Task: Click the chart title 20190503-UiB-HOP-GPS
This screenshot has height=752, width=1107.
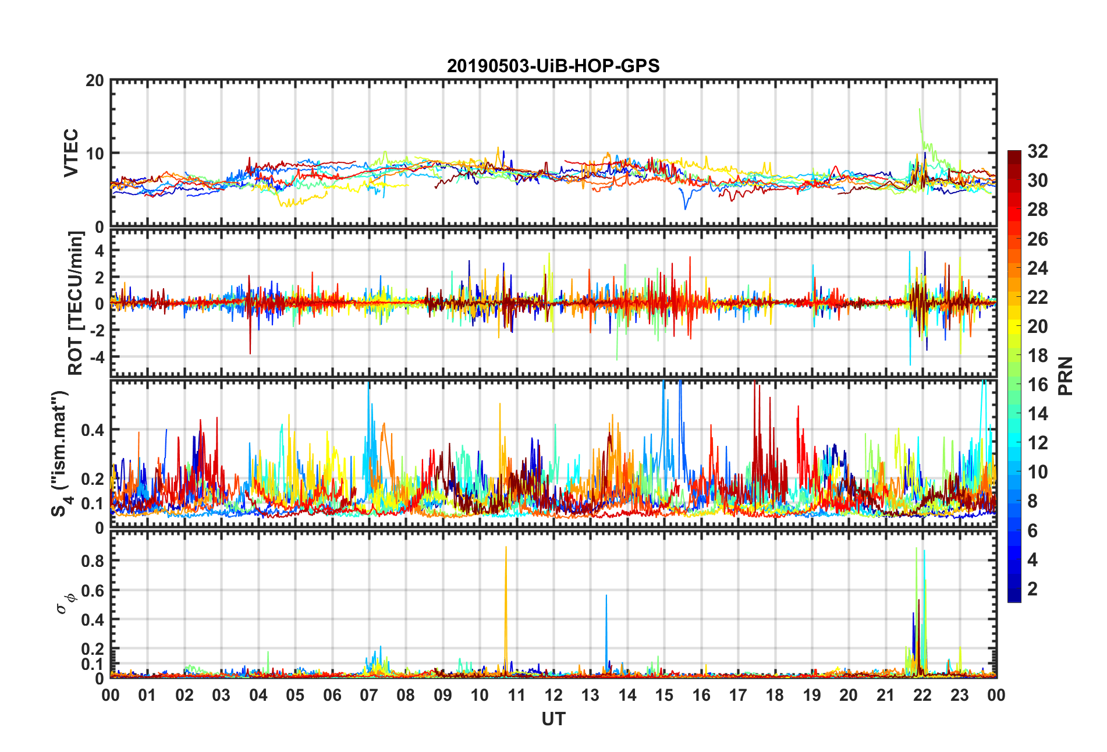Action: (x=553, y=66)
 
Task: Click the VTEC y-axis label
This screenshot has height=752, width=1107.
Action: (x=71, y=152)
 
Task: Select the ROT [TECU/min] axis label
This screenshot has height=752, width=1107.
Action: (x=76, y=303)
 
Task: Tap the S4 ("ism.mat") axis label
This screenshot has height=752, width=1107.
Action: (x=60, y=454)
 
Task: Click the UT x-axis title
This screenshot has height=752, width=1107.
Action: (x=553, y=719)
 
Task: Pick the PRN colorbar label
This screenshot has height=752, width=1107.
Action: (x=1065, y=376)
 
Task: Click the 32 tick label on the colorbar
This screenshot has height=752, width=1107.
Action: (x=1037, y=151)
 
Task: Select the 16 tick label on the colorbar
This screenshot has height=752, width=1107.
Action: (x=1037, y=385)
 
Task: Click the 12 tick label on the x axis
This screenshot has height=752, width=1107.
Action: (x=553, y=695)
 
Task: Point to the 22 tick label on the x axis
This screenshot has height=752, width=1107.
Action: (x=923, y=695)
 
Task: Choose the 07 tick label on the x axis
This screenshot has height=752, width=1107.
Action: (x=369, y=695)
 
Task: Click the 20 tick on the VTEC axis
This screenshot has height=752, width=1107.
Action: (x=95, y=81)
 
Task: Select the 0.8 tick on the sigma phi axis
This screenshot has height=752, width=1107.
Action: (x=93, y=561)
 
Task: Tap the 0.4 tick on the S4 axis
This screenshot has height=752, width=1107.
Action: (x=93, y=430)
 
